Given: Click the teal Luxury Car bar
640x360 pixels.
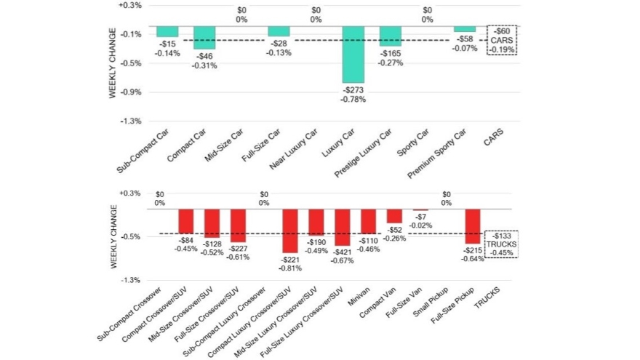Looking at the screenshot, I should tap(353, 55).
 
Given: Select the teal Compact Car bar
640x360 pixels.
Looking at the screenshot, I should tap(204, 38).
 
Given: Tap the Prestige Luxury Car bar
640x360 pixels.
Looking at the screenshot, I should tap(390, 36).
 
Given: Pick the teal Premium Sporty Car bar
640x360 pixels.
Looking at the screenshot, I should tap(465, 29).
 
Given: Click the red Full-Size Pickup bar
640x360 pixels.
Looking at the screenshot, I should tap(473, 226).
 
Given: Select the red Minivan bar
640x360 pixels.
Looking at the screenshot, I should tap(368, 222).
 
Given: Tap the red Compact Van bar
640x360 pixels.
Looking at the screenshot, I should tap(394, 216).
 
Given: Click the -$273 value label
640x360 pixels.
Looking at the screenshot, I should tap(353, 90).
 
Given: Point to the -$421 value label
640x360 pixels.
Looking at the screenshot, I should tap(343, 252).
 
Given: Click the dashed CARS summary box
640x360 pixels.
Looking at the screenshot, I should tap(502, 41).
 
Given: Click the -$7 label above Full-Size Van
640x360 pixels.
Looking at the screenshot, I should tap(420, 217).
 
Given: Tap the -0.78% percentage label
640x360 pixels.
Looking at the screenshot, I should tap(353, 99).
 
